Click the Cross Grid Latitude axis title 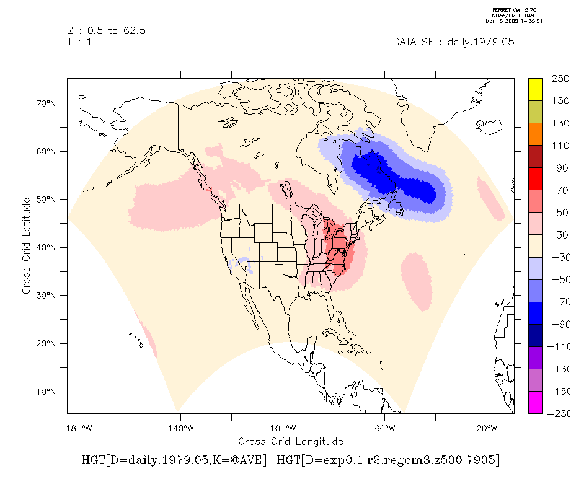[x=26, y=246]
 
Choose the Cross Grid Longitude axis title [x=290, y=441]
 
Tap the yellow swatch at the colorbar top [x=535, y=89]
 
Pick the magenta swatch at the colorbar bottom [x=535, y=402]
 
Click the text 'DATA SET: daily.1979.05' [x=453, y=42]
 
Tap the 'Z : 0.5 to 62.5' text [x=106, y=30]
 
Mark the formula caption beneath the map [x=290, y=460]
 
